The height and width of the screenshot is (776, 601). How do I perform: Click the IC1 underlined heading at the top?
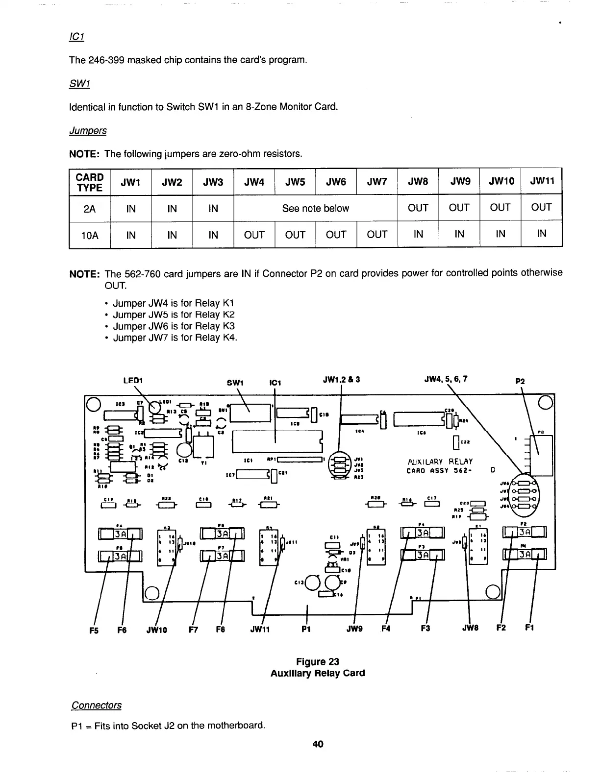77,38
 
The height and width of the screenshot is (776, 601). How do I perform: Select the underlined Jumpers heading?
88,131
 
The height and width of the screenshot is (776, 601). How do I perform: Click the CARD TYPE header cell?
90,182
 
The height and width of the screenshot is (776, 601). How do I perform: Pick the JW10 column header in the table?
500,182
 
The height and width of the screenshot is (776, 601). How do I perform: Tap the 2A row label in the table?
90,209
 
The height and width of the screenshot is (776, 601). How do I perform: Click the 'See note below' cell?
315,208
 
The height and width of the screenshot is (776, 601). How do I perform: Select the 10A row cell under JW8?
418,235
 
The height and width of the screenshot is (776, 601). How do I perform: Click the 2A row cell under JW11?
541,208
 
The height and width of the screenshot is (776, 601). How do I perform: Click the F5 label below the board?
94,630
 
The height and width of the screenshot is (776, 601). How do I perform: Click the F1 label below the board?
530,628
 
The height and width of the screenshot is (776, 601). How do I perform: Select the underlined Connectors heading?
96,705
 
